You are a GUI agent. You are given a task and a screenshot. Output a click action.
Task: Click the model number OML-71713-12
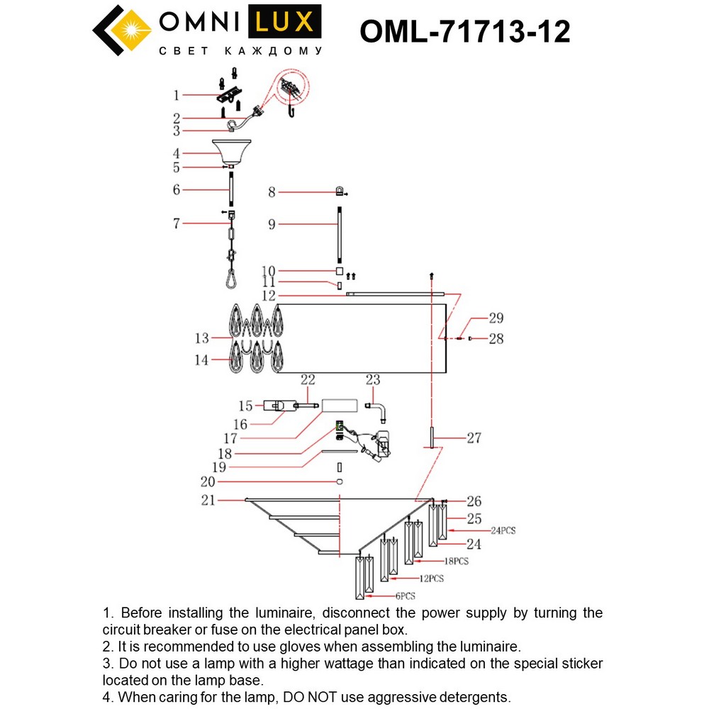(464, 32)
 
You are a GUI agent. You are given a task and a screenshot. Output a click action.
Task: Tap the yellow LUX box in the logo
(284, 23)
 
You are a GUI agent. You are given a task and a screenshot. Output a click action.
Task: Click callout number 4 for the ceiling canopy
(177, 153)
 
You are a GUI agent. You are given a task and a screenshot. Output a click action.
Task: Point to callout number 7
(177, 224)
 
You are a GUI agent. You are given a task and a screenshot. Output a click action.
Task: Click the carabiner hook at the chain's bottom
(231, 280)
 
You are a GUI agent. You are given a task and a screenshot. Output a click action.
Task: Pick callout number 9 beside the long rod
(271, 224)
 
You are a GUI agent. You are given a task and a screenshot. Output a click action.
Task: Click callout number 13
(202, 337)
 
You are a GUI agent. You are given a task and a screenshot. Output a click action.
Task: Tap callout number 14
(202, 360)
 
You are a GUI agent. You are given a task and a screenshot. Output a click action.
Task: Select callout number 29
(495, 318)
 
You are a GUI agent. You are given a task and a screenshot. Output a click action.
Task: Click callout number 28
(496, 339)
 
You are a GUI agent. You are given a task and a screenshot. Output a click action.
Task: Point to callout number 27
(473, 438)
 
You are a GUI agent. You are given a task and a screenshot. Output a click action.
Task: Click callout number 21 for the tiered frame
(207, 501)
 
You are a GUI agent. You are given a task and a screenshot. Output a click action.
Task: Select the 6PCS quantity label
(406, 596)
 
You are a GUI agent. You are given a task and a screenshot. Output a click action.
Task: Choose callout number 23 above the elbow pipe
(373, 381)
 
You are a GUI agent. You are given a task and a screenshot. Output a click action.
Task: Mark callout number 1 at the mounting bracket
(177, 95)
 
